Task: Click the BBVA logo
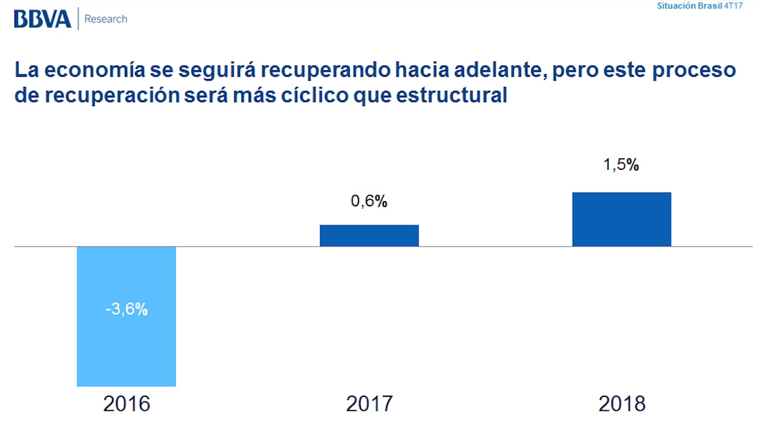[x=43, y=19]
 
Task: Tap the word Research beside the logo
[x=106, y=19]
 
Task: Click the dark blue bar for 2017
[x=369, y=235]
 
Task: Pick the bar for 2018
[x=621, y=219]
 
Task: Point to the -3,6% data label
[x=127, y=309]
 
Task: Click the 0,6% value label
[x=369, y=202]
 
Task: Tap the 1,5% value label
[x=621, y=165]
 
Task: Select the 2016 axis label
[x=127, y=404]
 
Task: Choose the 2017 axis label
[x=370, y=404]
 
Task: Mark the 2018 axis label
[x=622, y=404]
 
